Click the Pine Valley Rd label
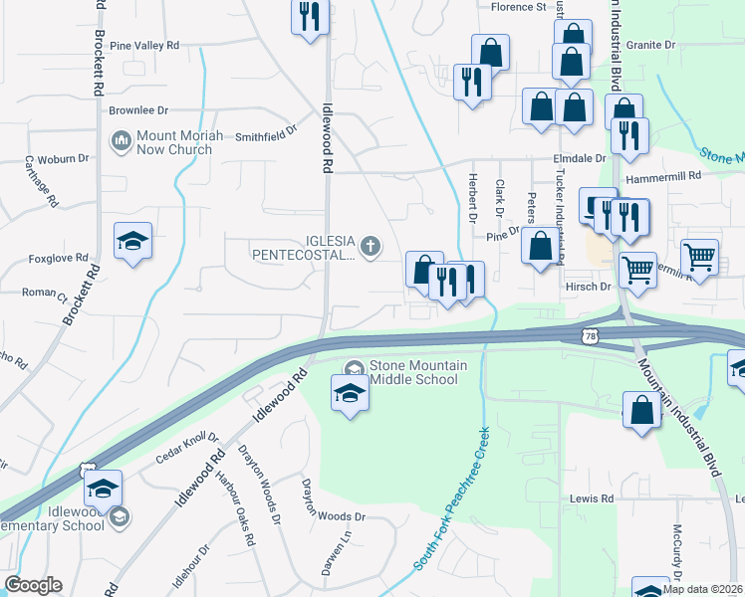point(144,46)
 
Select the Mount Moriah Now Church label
point(174,142)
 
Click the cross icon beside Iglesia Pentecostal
point(371,246)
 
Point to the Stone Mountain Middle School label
point(418,372)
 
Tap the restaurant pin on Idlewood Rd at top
point(310,17)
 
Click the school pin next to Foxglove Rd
point(132,243)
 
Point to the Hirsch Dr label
point(587,286)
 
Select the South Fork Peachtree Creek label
point(453,498)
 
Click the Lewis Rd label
point(593,498)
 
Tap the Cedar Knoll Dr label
point(187,447)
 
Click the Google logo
point(33,585)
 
